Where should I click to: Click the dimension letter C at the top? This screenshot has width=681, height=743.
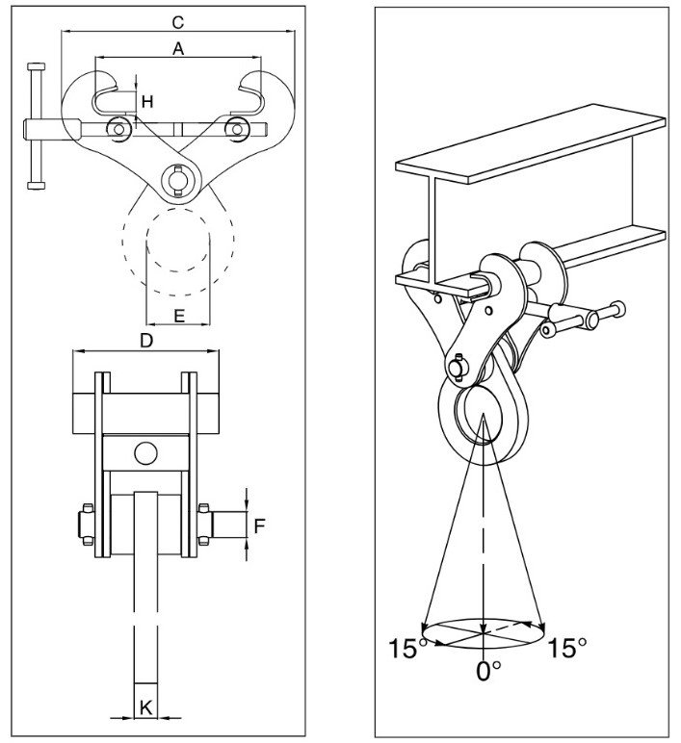[177, 22]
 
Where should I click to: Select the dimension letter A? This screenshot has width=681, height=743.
[178, 48]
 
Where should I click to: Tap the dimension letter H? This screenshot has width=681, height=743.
[147, 101]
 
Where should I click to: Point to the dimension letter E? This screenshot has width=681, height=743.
[179, 316]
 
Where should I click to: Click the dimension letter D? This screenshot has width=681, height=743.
[146, 341]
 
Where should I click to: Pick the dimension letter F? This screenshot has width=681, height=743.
[259, 525]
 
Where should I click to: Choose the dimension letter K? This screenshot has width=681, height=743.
[145, 708]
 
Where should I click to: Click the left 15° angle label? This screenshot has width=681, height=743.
[406, 648]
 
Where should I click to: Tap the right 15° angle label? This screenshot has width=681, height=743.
[567, 648]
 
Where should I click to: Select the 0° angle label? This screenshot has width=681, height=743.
[488, 671]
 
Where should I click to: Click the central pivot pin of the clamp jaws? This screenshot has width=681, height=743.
[178, 180]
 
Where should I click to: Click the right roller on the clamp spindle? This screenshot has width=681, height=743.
[236, 128]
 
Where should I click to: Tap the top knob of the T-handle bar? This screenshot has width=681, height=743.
[37, 66]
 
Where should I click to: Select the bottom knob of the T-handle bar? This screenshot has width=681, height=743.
[37, 186]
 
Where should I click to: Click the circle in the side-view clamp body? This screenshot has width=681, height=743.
[145, 453]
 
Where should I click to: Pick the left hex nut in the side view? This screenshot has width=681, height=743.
[87, 525]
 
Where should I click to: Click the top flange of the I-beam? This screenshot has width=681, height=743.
[530, 144]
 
